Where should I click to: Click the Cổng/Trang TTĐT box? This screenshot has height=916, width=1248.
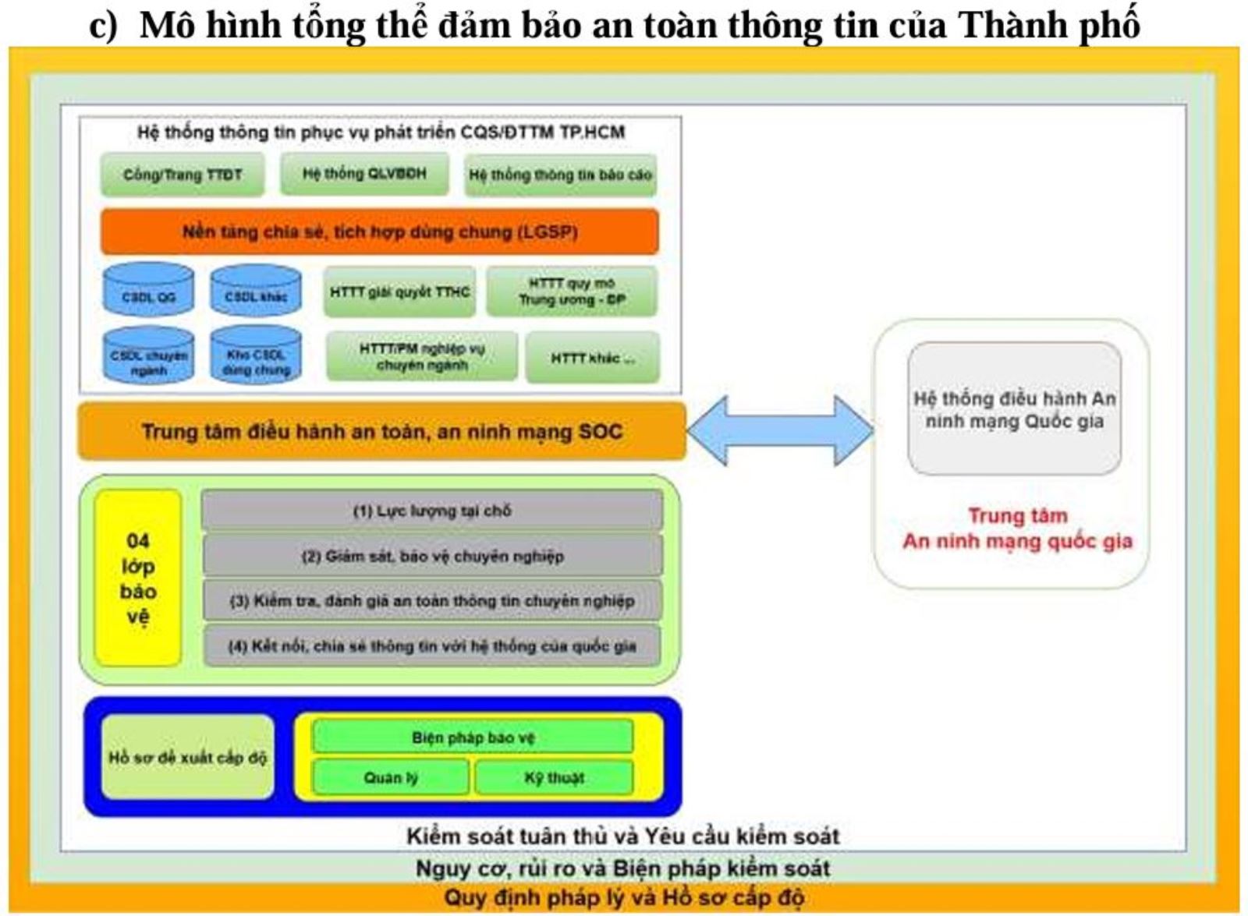click(x=183, y=175)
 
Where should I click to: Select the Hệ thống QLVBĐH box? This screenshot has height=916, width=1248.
click(x=364, y=174)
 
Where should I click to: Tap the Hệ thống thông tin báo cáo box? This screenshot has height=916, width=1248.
click(x=560, y=175)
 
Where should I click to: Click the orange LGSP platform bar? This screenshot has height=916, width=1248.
click(x=380, y=232)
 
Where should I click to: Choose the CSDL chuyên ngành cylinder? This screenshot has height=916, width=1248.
click(x=148, y=355)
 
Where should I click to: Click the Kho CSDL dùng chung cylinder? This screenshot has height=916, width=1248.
click(x=256, y=355)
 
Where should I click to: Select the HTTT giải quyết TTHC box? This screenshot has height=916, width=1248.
click(x=399, y=292)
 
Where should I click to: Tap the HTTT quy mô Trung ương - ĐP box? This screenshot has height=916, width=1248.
click(x=572, y=292)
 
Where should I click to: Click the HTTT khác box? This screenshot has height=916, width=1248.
click(x=592, y=358)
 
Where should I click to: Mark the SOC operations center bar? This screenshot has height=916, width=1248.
click(x=382, y=431)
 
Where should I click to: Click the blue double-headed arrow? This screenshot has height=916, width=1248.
click(x=780, y=431)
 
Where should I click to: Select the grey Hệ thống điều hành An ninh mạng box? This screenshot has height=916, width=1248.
click(x=1014, y=409)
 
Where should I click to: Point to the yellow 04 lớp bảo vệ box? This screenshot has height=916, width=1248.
click(x=138, y=578)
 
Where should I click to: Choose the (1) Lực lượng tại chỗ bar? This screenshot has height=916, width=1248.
click(x=432, y=511)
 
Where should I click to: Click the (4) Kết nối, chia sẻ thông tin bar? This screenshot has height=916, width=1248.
click(x=432, y=646)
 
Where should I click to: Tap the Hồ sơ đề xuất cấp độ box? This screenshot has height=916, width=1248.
click(x=187, y=757)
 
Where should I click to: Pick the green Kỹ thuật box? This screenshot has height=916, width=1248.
click(x=554, y=777)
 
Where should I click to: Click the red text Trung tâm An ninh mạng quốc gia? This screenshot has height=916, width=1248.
click(x=1017, y=529)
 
